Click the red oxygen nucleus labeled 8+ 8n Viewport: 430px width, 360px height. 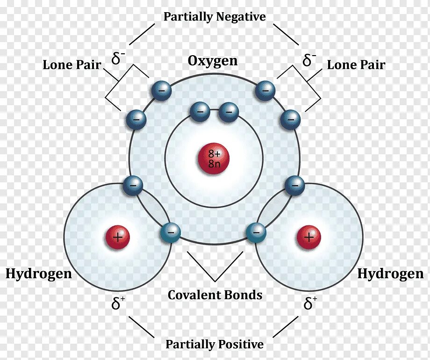(214, 158)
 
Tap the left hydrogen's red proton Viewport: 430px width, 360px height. (117, 238)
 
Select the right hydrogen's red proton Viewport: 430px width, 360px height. (309, 238)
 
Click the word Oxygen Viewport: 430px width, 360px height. (213, 61)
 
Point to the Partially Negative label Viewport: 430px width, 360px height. (215, 17)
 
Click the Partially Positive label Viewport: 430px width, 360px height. (215, 345)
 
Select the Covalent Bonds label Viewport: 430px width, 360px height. (215, 295)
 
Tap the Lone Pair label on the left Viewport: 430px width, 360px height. (72, 65)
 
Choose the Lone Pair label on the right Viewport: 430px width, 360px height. (356, 65)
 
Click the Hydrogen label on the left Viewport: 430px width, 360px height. (39, 274)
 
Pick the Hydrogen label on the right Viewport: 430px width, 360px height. (390, 274)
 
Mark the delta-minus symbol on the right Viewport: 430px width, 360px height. (309, 60)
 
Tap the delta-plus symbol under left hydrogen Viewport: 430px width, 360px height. (118, 304)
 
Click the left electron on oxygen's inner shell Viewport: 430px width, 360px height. (200, 111)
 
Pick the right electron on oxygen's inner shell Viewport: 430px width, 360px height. (229, 111)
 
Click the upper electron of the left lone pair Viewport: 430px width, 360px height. (160, 91)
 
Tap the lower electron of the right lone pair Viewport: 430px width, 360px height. (290, 120)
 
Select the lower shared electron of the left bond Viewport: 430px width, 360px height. (170, 232)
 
